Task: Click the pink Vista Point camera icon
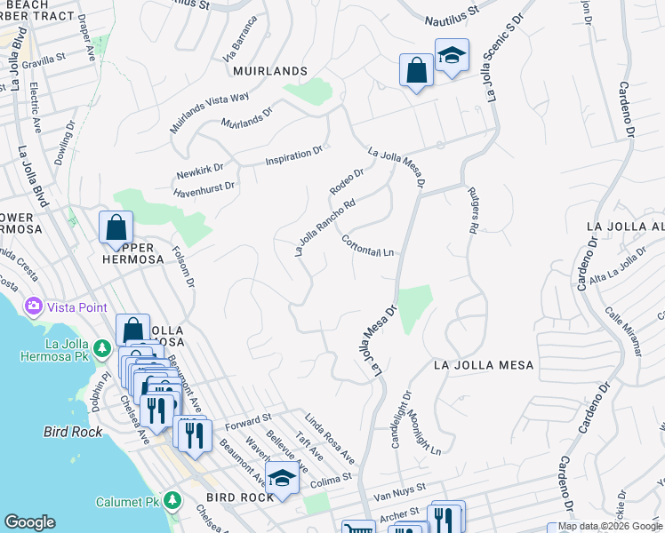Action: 35,306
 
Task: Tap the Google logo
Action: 30,522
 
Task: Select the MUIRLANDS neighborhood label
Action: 270,70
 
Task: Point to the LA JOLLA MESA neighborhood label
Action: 484,365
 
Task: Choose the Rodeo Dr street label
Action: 347,181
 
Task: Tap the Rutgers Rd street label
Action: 473,213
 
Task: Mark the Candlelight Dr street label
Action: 401,419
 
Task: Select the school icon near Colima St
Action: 283,478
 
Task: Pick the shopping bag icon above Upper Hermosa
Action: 116,227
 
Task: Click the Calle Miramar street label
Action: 623,331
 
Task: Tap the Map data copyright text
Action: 610,526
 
